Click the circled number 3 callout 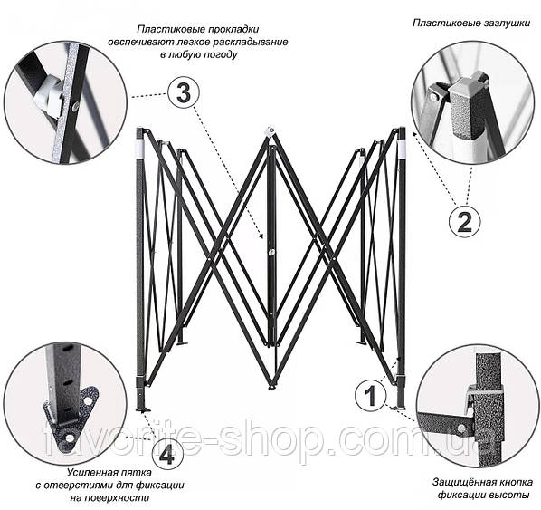pos(184,93)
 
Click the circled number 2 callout pos(465,222)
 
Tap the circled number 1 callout pos(371,396)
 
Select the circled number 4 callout pos(167,456)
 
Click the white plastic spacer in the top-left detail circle pos(50,95)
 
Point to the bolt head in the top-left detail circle pos(75,108)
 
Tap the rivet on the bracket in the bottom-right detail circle pos(460,430)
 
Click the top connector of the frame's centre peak pos(270,131)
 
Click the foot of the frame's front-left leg pos(143,410)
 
